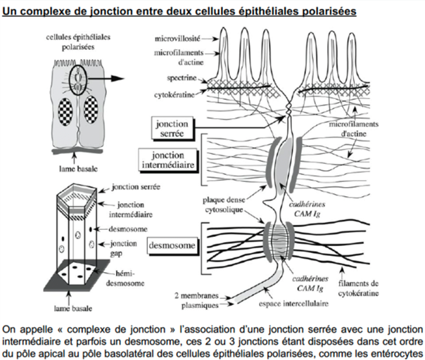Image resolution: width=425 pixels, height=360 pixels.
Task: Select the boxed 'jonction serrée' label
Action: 171,128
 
